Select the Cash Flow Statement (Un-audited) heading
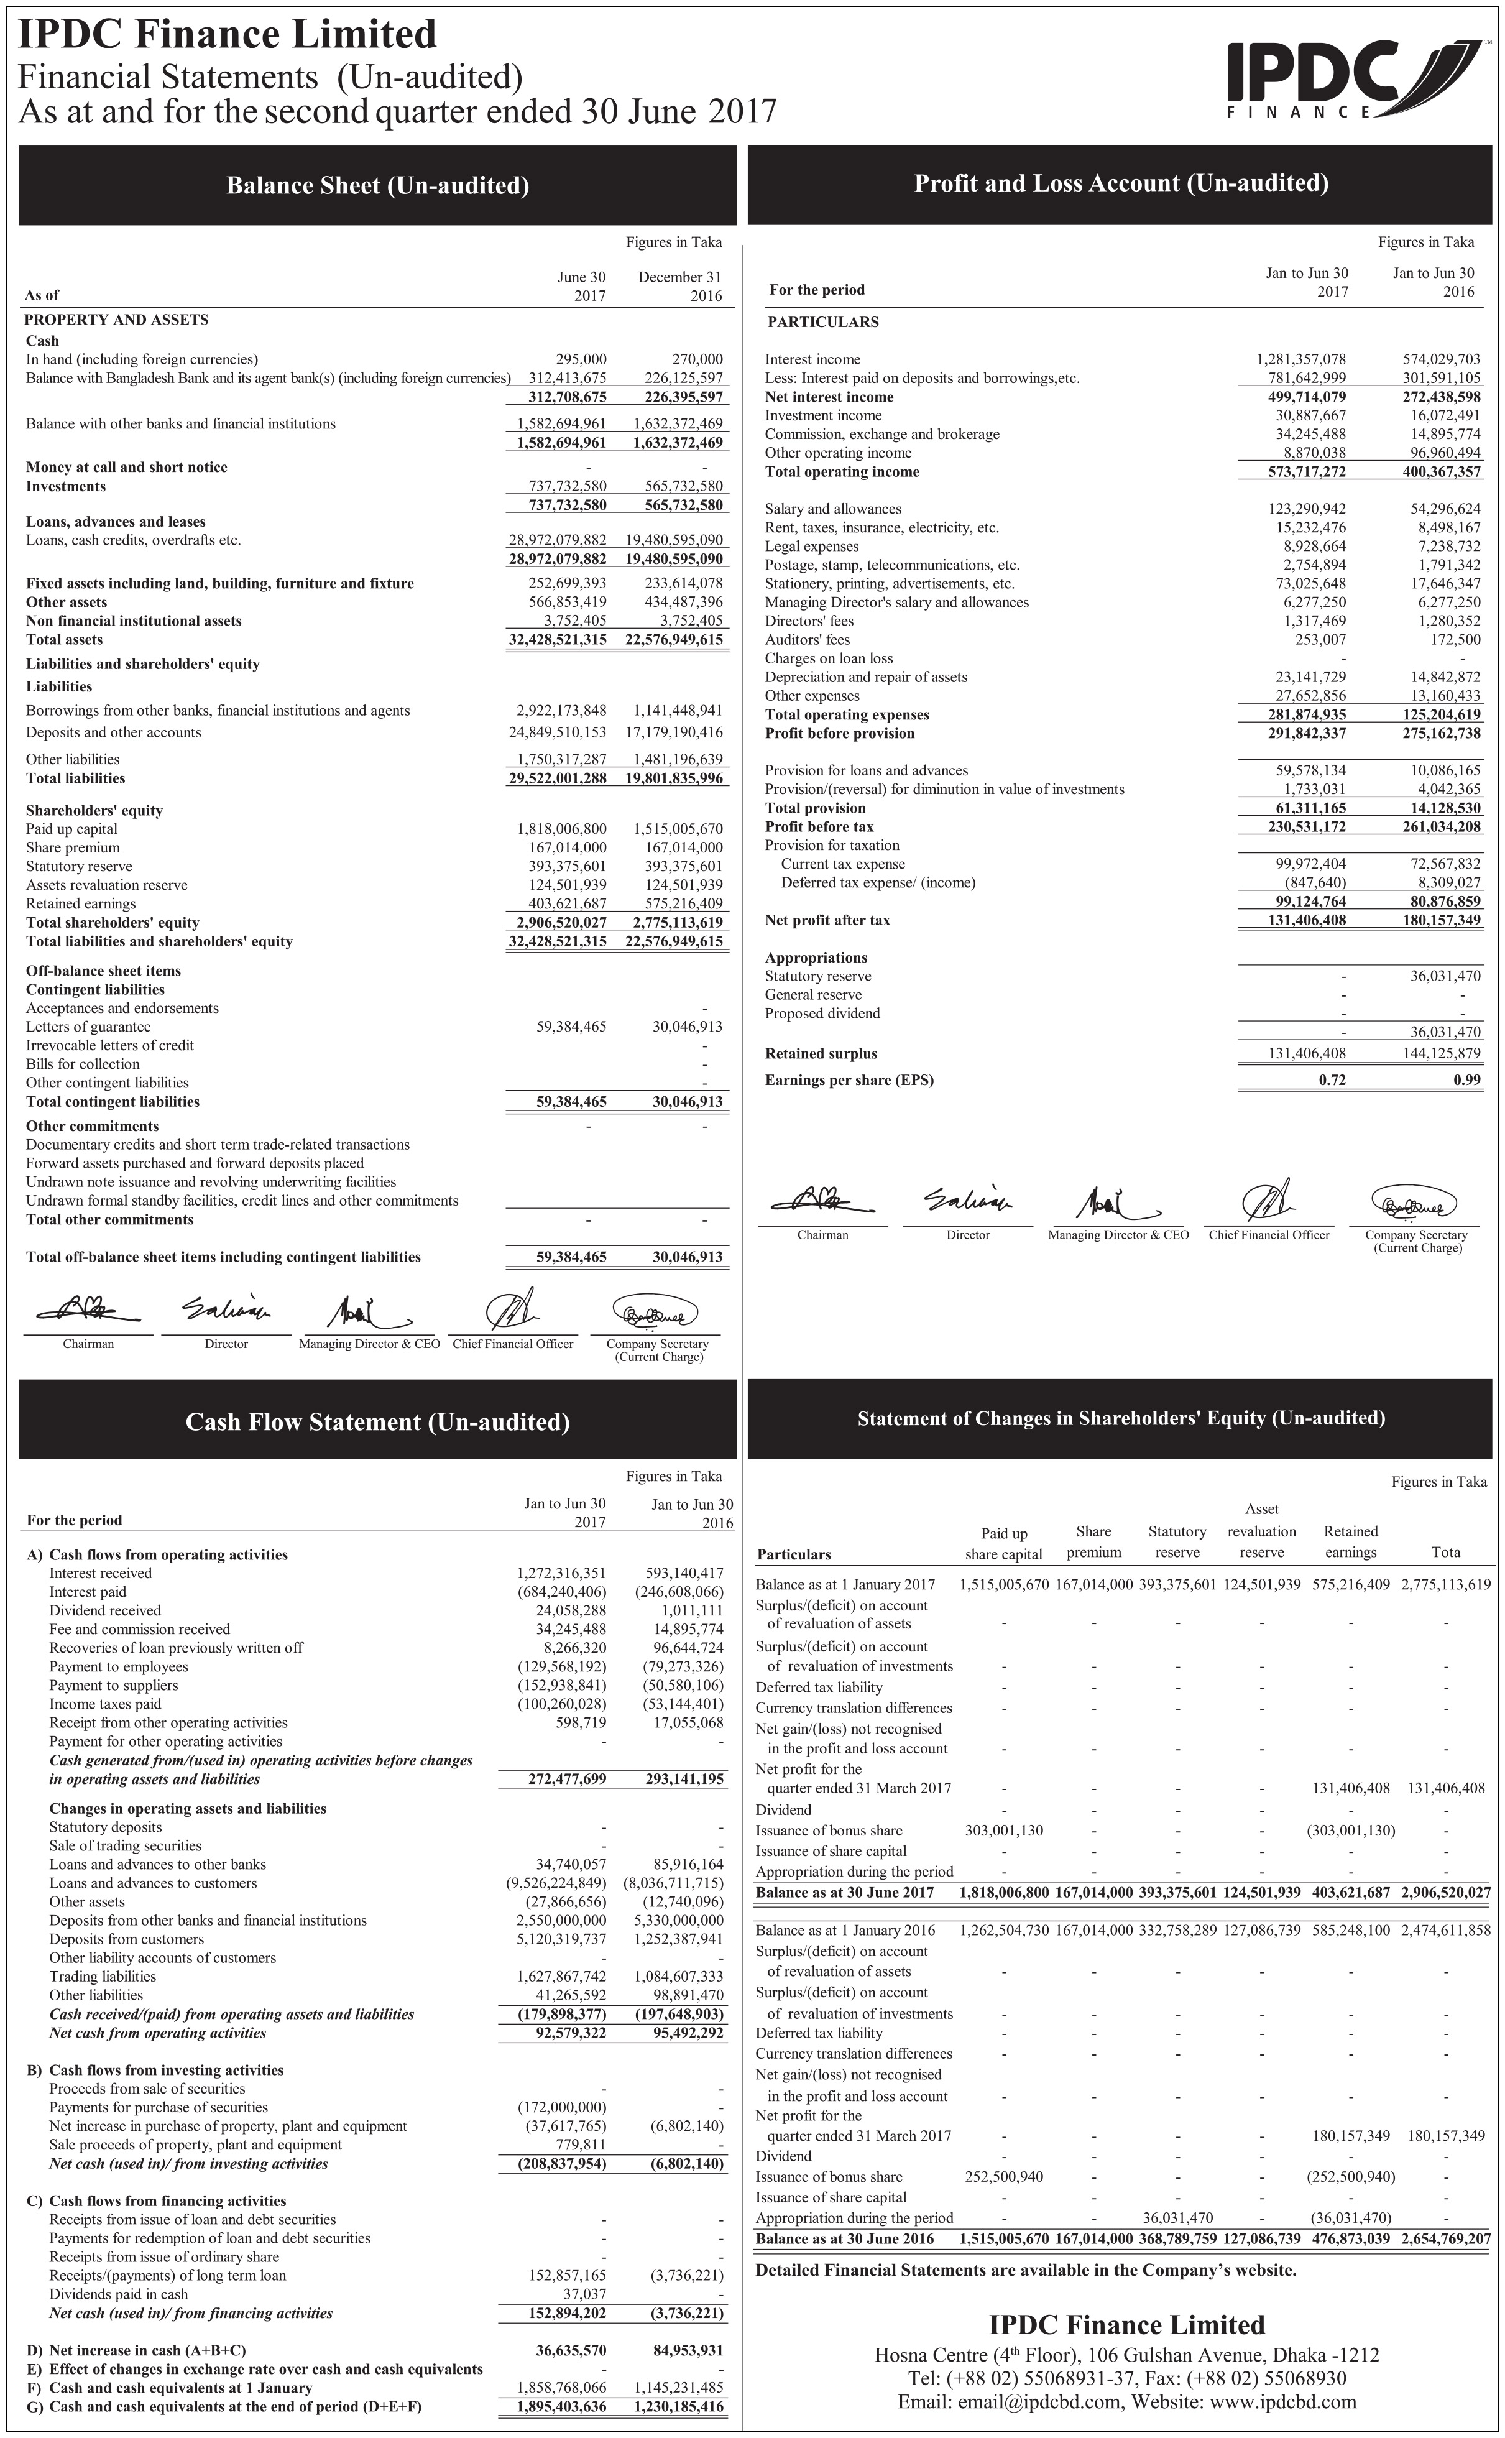click(x=377, y=1421)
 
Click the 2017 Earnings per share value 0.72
click(x=1332, y=1079)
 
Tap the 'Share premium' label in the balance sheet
click(x=73, y=847)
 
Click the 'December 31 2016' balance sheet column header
click(x=680, y=286)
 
